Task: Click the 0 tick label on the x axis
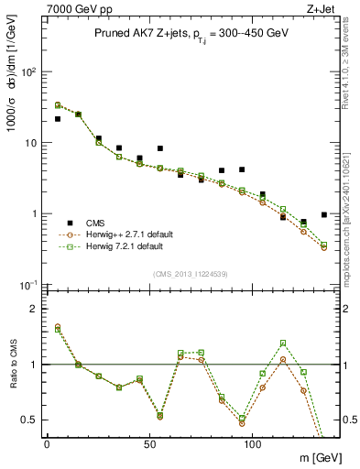[x=47, y=444]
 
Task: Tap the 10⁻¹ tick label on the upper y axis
[x=27, y=285]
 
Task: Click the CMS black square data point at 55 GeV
[x=160, y=148]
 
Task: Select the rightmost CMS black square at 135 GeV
[x=324, y=215]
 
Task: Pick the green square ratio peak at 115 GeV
[x=283, y=344]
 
